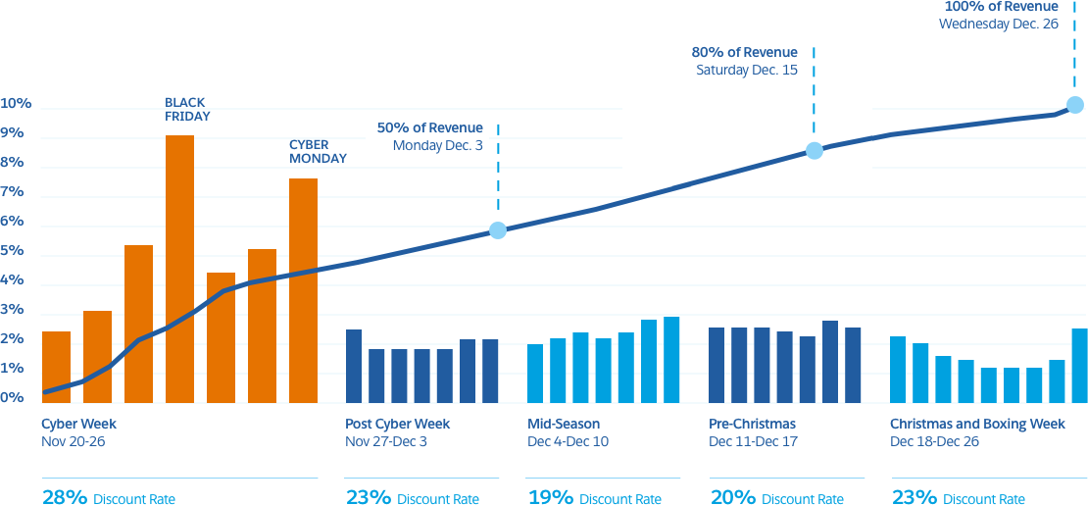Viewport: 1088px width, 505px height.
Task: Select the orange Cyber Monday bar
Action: pos(303,289)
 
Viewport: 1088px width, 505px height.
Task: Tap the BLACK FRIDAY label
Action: pos(187,109)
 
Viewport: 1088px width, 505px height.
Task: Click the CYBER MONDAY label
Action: pos(317,150)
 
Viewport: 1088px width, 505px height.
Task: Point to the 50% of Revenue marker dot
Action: pos(498,230)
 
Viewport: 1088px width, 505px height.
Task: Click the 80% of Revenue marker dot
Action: pos(815,150)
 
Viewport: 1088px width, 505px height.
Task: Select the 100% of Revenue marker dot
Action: pos(1075,105)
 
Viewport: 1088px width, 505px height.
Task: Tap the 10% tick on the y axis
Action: pos(17,104)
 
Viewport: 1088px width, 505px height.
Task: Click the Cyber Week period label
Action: pos(78,425)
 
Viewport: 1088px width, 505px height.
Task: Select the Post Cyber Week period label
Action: pos(398,425)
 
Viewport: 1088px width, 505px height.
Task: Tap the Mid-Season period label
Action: pos(564,425)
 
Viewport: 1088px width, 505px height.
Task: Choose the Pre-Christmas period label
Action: pos(752,425)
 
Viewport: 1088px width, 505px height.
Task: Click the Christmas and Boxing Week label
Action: pos(977,425)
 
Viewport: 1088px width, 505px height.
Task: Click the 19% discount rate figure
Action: pos(550,496)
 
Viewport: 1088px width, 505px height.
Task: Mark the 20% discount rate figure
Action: pos(731,496)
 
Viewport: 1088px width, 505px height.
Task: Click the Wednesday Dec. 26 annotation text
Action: pos(998,24)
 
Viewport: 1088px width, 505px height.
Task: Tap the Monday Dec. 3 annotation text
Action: pos(437,145)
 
